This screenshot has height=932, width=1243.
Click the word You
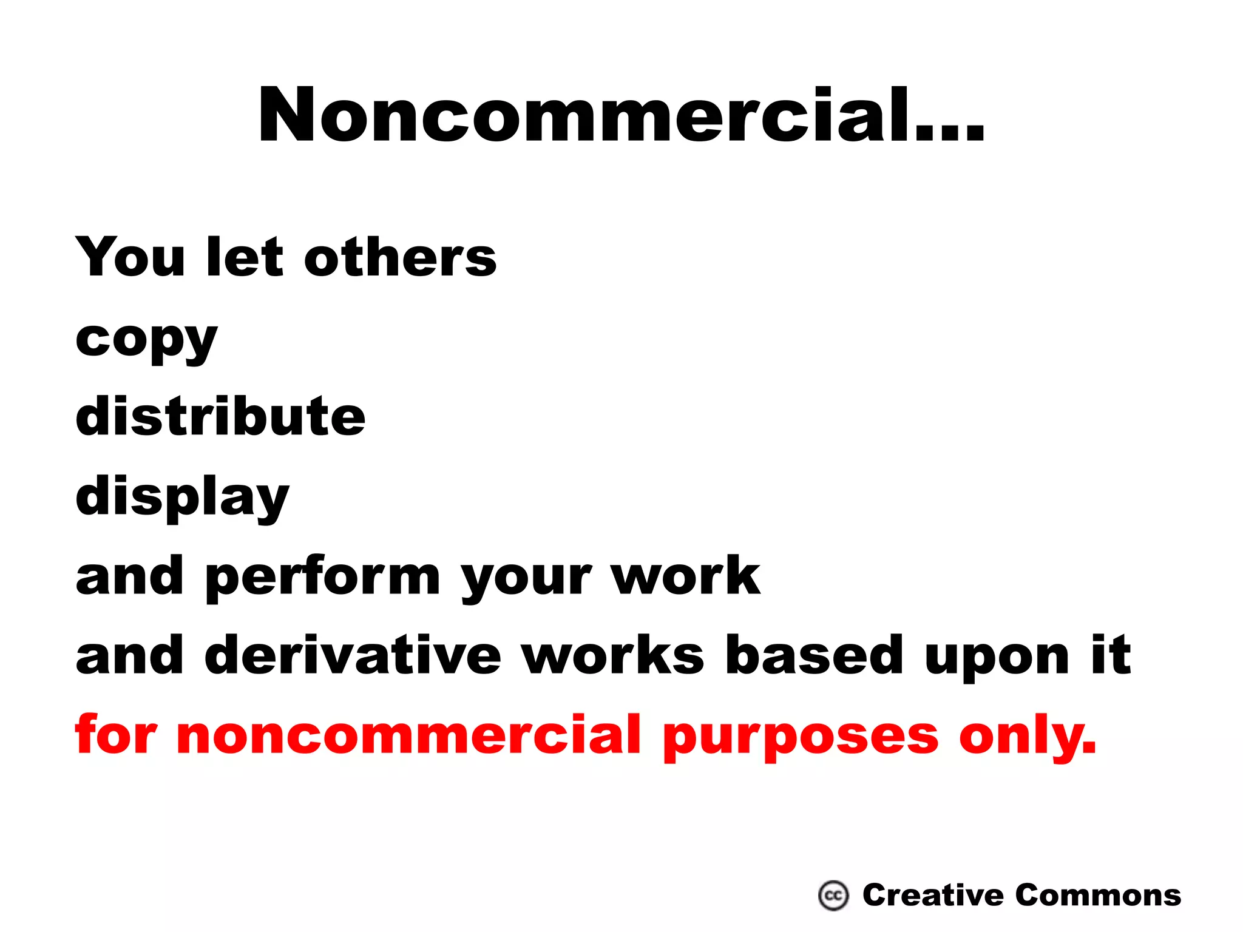[130, 257]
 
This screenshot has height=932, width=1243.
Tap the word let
[245, 257]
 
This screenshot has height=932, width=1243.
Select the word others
[400, 257]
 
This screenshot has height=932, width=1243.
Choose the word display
[182, 498]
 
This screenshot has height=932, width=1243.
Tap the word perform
[323, 578]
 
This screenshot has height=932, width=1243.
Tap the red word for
[116, 735]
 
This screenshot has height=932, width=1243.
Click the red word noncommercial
[408, 736]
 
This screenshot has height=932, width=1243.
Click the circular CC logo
[833, 896]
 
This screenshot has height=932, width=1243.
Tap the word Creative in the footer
[933, 896]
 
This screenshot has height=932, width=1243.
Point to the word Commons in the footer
[1098, 896]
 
